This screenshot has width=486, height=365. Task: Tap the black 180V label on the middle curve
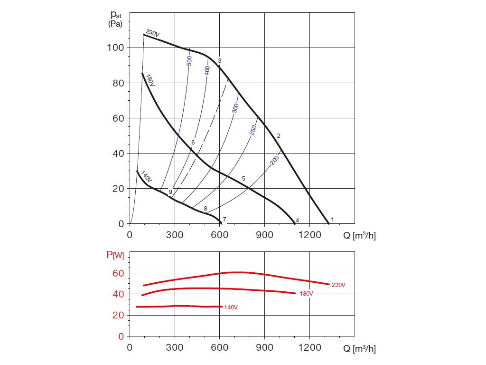click(x=150, y=80)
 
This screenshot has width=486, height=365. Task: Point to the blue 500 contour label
click(x=189, y=61)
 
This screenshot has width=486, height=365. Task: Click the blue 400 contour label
click(x=207, y=70)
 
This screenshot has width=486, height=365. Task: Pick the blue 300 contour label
click(x=235, y=108)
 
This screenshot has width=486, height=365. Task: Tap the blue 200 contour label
click(x=274, y=161)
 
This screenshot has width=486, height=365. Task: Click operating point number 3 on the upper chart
click(x=220, y=61)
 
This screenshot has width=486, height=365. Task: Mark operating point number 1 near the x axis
click(x=333, y=219)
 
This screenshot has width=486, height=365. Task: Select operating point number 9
click(x=170, y=192)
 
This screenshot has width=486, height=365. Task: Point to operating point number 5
click(x=243, y=178)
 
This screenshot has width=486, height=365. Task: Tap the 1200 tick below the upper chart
click(x=309, y=235)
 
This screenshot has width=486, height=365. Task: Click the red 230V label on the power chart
click(x=338, y=285)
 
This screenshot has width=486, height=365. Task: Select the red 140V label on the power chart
click(x=231, y=307)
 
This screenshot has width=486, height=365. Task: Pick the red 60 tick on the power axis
click(x=118, y=273)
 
